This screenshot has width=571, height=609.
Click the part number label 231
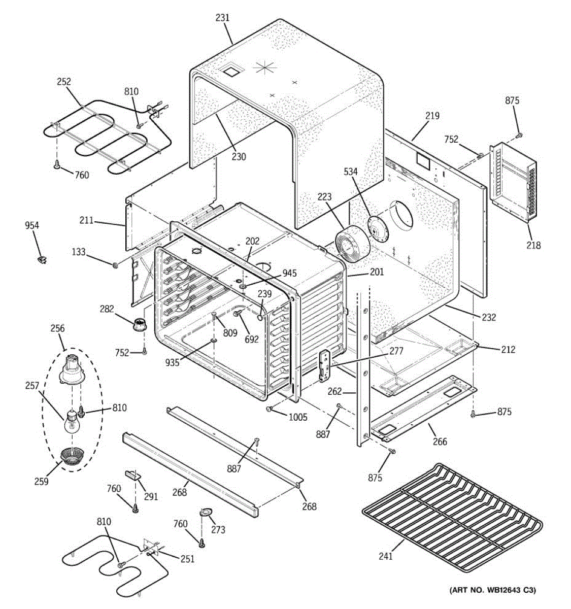222,18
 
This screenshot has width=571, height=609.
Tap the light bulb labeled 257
71,422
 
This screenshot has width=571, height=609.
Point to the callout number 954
32,226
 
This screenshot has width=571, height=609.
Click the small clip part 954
42,260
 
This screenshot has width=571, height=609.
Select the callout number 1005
298,417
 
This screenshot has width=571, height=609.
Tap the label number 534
350,172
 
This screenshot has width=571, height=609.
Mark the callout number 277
396,351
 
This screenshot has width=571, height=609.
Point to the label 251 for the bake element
187,559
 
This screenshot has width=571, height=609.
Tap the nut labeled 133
115,264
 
